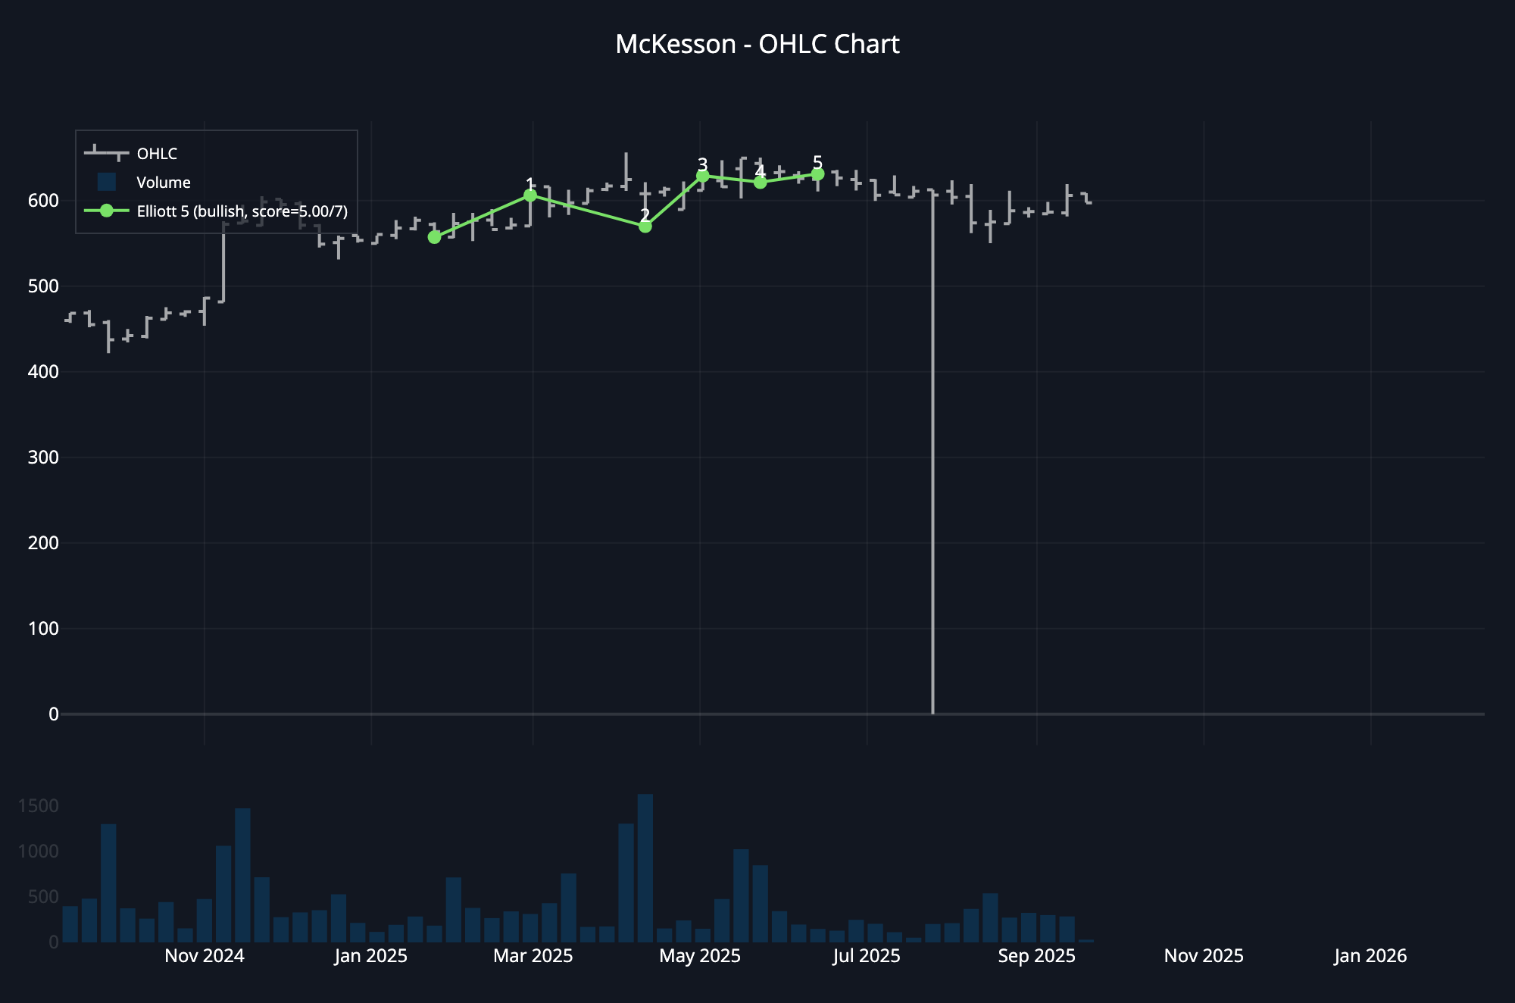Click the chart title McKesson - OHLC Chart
(757, 45)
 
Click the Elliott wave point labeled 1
(530, 195)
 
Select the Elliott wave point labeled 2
(645, 226)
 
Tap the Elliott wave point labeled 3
(702, 176)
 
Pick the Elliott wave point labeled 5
(817, 174)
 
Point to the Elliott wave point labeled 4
(760, 182)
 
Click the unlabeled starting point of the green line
(434, 237)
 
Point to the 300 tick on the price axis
(43, 458)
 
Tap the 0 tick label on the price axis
(53, 714)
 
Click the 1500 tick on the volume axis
(38, 806)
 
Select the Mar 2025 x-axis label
(533, 956)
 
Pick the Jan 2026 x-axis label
(1370, 956)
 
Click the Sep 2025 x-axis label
(1036, 956)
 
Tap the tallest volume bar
(645, 867)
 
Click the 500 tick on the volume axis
(43, 897)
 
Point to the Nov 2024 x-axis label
(205, 956)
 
